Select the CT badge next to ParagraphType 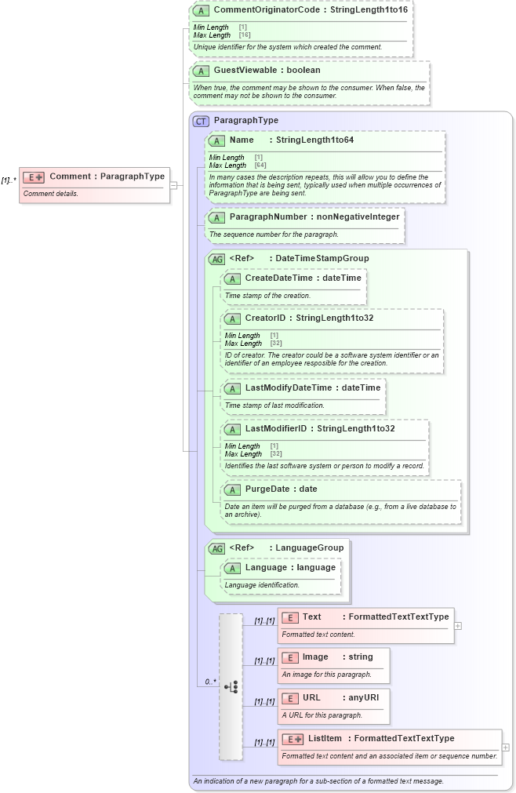tap(201, 121)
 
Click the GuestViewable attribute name tap(245, 71)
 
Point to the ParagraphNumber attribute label tap(268, 216)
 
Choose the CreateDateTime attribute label tap(278, 278)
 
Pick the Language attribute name tap(269, 567)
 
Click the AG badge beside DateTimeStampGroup tap(216, 259)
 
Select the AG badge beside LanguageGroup tap(216, 548)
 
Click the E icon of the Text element tap(289, 617)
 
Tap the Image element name tap(315, 657)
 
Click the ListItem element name tap(325, 738)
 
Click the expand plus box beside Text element tap(458, 626)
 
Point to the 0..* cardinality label tap(210, 682)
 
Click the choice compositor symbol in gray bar tap(231, 686)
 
